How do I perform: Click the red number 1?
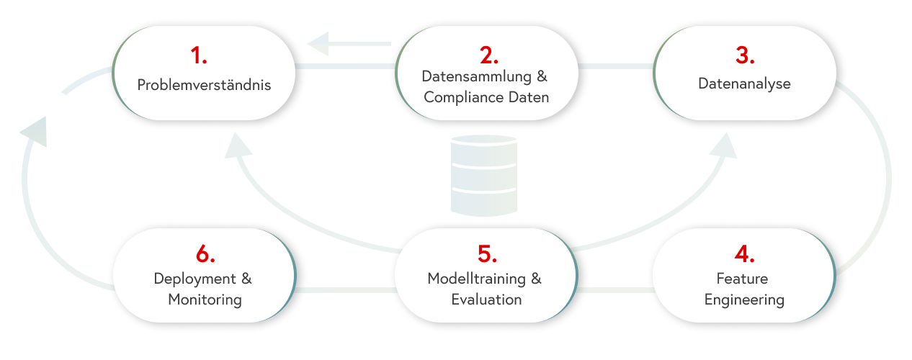pos(198,55)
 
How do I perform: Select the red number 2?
pos(489,55)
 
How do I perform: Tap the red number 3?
pos(746,55)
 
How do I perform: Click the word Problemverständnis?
pos(204,84)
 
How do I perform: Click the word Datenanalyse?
pos(744,84)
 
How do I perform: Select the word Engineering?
pos(744,300)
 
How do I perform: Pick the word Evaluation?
pos(486,300)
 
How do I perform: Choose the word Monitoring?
pos(205,299)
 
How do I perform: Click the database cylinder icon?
pos(483,174)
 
